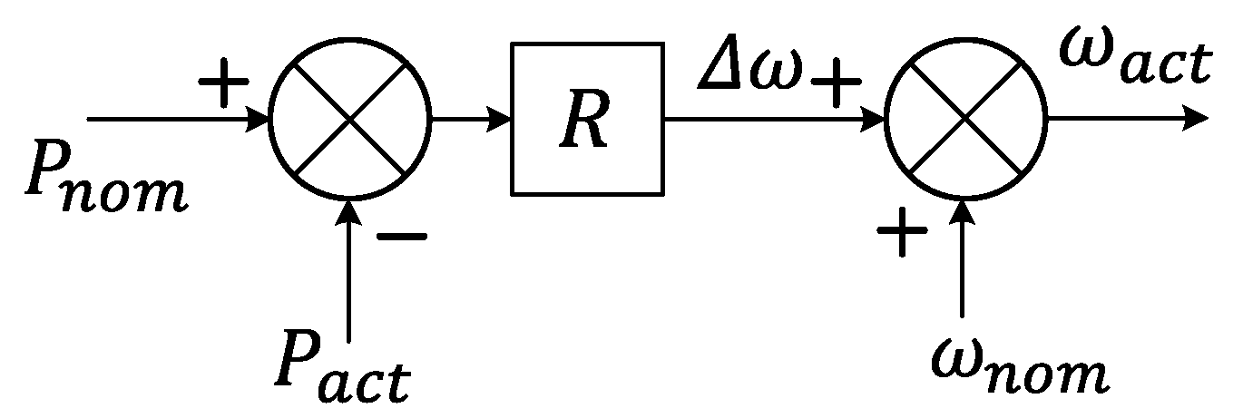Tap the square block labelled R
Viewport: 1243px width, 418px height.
click(586, 118)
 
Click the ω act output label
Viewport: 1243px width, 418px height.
click(1135, 63)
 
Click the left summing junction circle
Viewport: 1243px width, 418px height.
click(350, 118)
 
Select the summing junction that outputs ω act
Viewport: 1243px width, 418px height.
click(965, 118)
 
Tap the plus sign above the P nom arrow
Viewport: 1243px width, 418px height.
click(223, 86)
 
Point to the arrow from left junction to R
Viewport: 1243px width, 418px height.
click(470, 118)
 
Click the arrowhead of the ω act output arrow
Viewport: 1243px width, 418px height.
click(1196, 119)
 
